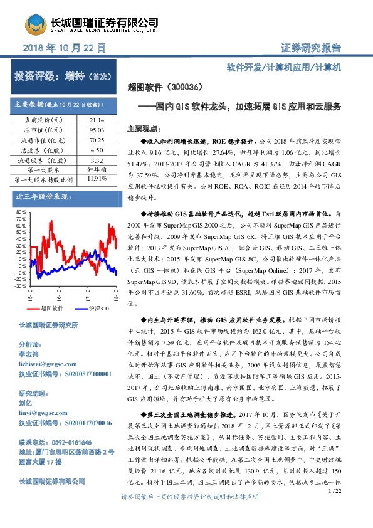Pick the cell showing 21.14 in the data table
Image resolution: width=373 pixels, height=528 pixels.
coord(97,119)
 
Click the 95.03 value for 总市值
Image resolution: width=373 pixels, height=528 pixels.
coord(97,129)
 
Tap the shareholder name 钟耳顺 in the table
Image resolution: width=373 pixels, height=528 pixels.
coord(97,169)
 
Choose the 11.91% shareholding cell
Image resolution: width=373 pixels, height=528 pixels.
coord(97,179)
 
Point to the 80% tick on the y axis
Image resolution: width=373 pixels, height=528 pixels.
coord(23,213)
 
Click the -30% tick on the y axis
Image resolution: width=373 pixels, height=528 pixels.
coord(22,285)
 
